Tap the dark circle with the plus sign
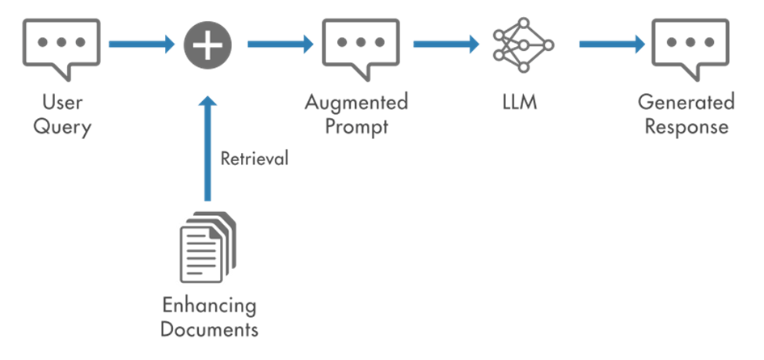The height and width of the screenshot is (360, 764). tap(208, 44)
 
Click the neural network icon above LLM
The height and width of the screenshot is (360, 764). tap(523, 44)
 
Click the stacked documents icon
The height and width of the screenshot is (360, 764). tap(208, 247)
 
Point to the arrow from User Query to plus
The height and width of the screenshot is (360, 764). tap(141, 44)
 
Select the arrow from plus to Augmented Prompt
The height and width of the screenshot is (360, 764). tap(281, 44)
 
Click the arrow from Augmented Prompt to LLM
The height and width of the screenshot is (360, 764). tap(446, 44)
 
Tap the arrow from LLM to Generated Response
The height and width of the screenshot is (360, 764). tap(612, 44)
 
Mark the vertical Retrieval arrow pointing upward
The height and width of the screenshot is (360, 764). tap(208, 148)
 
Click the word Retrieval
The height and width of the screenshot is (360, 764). tap(255, 159)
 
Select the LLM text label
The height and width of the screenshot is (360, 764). tap(520, 103)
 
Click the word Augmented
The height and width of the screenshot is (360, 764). tap(357, 104)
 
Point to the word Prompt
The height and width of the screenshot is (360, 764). tap(357, 127)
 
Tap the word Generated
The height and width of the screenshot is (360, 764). tap(686, 103)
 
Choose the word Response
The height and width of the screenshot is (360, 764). tap(686, 127)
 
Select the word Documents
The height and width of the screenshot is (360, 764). tap(209, 329)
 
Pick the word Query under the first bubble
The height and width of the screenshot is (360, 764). tap(62, 127)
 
